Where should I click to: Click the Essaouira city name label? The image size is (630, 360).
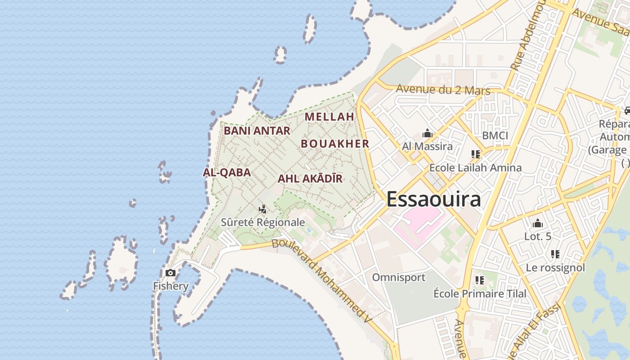coord(433,199)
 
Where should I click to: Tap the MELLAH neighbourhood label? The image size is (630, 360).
coord(329,117)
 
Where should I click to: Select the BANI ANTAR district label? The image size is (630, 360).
coord(257,131)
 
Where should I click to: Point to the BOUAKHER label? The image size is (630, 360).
coord(335,144)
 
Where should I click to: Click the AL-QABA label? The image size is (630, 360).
coord(227,172)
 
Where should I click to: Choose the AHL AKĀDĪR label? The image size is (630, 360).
coord(310,179)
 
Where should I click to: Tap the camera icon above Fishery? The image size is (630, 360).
coord(171,273)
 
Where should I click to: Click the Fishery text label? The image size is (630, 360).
coord(171,286)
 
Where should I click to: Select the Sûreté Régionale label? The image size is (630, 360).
coord(263,222)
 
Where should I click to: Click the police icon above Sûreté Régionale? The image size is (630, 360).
coord(263,209)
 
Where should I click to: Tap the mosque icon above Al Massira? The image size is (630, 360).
coord(427,134)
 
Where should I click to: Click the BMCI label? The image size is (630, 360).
coord(495,135)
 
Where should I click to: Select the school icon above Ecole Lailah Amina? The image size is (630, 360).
coord(476,154)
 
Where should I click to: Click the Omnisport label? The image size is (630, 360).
coord(398,277)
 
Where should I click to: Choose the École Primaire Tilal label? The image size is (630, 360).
coord(480,293)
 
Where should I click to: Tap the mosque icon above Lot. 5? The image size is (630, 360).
coord(537,224)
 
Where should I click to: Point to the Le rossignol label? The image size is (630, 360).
coord(555,268)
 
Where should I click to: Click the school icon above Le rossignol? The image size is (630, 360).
coord(555,254)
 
